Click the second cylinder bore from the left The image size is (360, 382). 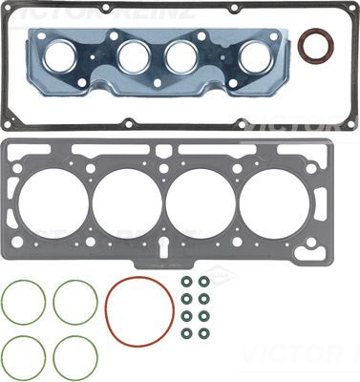tap(127, 202)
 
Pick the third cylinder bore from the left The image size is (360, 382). tap(201, 202)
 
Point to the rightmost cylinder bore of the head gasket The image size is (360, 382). tap(274, 202)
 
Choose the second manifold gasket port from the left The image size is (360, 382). tap(134, 56)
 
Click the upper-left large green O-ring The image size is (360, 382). tap(23, 302)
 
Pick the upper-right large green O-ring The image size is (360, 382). tap(74, 302)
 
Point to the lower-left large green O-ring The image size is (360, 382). tap(23, 356)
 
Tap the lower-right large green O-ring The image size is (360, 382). tap(74, 356)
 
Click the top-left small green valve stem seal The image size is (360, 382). tap(186, 283)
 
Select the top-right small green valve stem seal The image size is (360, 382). tap(203, 283)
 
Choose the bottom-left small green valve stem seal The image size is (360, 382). tap(186, 333)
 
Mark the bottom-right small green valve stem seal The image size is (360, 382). tap(203, 333)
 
